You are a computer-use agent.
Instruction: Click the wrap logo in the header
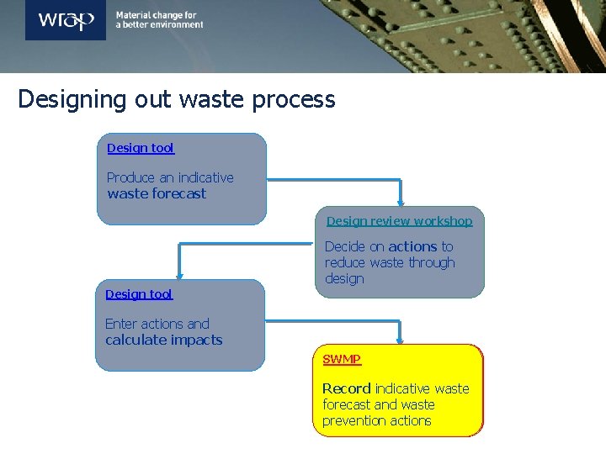click(x=66, y=20)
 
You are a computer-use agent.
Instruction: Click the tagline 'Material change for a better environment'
click(x=159, y=20)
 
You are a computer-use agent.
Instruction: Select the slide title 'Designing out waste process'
click(x=177, y=100)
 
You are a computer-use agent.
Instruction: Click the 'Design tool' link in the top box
click(x=141, y=149)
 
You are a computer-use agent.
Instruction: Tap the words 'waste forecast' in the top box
click(x=157, y=194)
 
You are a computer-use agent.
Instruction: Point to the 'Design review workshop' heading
click(x=399, y=221)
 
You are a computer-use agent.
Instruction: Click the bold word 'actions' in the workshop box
click(x=412, y=247)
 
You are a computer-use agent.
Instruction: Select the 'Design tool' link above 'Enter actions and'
click(x=139, y=294)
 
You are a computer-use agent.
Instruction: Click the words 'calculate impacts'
click(x=164, y=340)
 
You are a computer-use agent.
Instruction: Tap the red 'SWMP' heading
click(x=342, y=359)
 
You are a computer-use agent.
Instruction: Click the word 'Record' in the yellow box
click(x=346, y=388)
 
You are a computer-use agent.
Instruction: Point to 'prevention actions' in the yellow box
click(x=376, y=421)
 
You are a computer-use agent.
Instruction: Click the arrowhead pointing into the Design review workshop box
click(x=401, y=202)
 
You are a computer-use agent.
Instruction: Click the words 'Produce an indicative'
click(x=170, y=178)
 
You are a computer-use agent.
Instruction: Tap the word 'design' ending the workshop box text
click(x=344, y=279)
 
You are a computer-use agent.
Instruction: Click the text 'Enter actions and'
click(x=157, y=325)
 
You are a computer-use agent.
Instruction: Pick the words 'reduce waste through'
click(x=390, y=263)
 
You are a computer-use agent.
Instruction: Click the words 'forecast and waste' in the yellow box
click(x=378, y=404)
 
